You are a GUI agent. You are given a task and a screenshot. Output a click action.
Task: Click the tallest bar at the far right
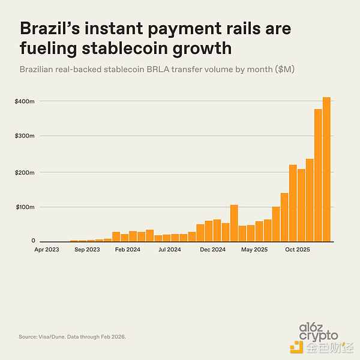pyautogui.click(x=326, y=169)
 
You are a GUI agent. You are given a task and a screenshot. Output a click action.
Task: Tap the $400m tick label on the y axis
pyautogui.click(x=25, y=101)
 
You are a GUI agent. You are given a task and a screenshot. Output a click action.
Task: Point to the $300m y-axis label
pyautogui.click(x=25, y=136)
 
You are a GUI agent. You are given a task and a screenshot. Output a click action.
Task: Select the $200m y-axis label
pyautogui.click(x=25, y=172)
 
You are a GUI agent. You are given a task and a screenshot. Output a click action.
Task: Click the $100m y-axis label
pyautogui.click(x=25, y=207)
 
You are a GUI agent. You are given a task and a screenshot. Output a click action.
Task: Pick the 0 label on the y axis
pyautogui.click(x=34, y=241)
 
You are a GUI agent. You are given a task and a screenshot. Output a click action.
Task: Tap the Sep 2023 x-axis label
pyautogui.click(x=87, y=249)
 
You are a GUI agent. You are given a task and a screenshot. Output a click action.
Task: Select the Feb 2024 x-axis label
pyautogui.click(x=128, y=249)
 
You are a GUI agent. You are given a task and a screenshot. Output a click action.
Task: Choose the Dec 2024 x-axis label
pyautogui.click(x=212, y=249)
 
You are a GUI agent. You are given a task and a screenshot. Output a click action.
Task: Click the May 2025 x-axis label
pyautogui.click(x=254, y=249)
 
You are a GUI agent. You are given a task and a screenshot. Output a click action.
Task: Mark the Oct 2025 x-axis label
pyautogui.click(x=296, y=249)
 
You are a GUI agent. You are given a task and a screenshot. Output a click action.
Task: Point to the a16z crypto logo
pyautogui.click(x=319, y=332)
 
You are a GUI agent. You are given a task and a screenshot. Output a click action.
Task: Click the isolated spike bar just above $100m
pyautogui.click(x=234, y=223)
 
